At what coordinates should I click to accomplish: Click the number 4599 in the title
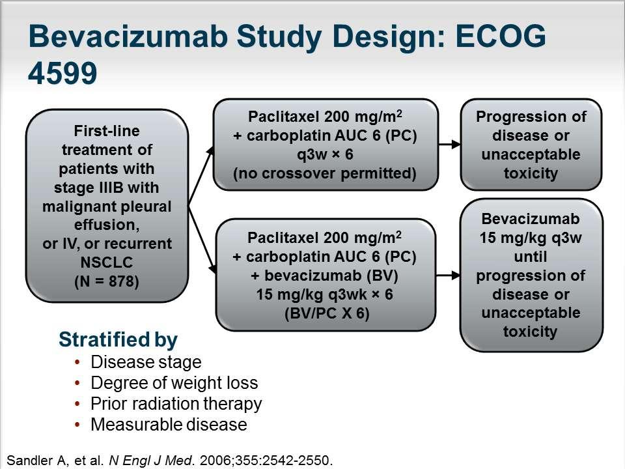62,73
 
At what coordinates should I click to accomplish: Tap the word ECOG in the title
500,36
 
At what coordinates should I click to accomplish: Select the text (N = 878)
107,281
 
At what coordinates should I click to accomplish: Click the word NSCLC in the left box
107,263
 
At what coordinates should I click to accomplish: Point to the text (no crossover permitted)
325,173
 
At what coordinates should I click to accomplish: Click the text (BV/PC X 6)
327,313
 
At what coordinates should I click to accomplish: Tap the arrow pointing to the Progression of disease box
450,145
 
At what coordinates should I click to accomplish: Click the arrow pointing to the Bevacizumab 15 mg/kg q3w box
448,275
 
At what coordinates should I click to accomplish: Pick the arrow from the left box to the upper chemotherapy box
201,176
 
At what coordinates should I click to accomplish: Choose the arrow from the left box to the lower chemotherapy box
202,240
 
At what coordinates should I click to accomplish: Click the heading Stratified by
118,340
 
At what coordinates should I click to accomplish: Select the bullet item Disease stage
146,362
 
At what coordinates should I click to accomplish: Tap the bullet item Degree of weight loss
174,383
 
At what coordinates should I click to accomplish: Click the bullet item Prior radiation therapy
176,404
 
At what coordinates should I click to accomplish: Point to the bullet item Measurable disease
169,424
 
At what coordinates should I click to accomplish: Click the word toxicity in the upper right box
531,173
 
